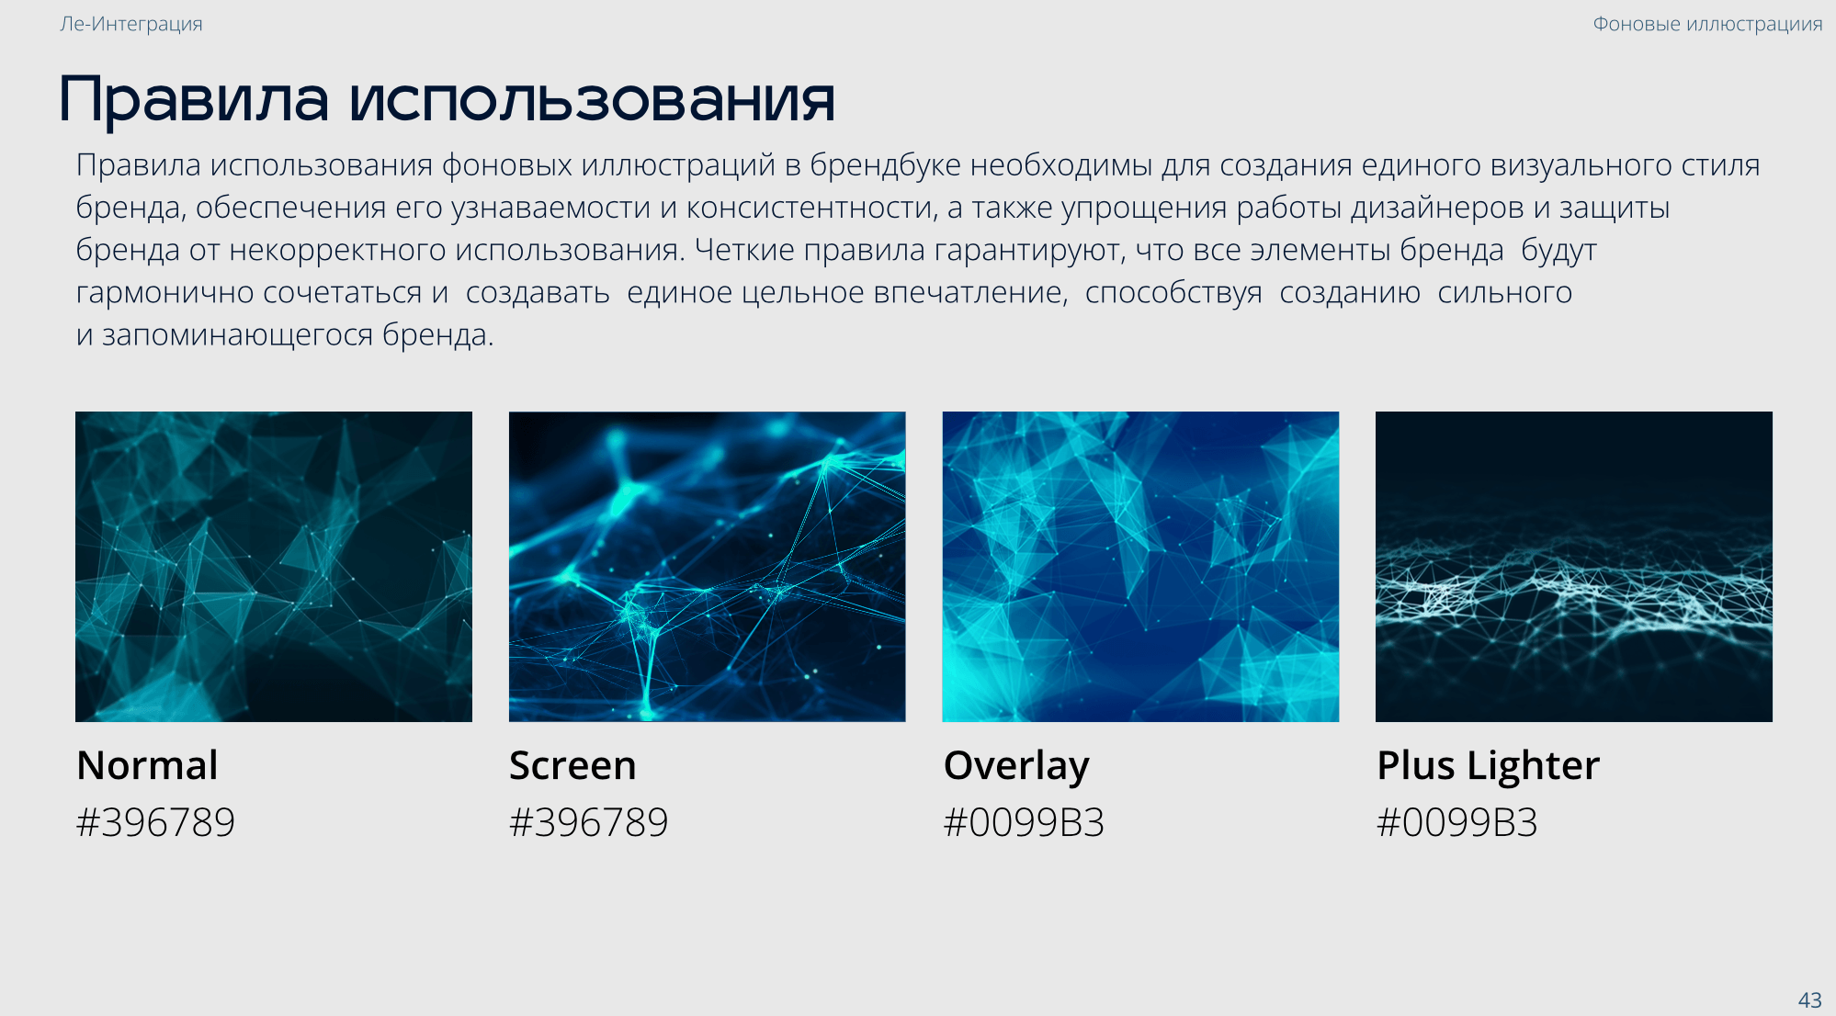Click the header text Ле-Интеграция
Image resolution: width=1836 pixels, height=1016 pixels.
131,24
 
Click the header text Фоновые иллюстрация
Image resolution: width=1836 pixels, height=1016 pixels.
1707,24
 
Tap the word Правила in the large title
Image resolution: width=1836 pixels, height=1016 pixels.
194,99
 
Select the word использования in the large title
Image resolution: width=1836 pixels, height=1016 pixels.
592,100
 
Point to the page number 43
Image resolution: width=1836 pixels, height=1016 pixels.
1809,999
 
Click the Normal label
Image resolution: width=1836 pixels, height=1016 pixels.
147,765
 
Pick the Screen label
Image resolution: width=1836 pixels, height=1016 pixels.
572,765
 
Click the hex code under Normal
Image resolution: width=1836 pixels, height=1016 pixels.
155,822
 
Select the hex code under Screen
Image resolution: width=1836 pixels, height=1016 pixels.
589,822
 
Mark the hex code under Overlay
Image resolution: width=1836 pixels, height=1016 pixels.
1024,822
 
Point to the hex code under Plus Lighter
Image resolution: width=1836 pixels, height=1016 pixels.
1457,822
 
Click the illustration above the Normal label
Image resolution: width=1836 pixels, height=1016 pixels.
274,567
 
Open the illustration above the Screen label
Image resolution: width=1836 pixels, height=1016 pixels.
708,567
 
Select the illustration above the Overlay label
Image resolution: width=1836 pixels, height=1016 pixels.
1140,567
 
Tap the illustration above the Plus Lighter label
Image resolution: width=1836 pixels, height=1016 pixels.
1574,567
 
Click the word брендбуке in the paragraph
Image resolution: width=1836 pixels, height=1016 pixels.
886,165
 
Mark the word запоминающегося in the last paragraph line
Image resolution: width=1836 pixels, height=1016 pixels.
238,335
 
